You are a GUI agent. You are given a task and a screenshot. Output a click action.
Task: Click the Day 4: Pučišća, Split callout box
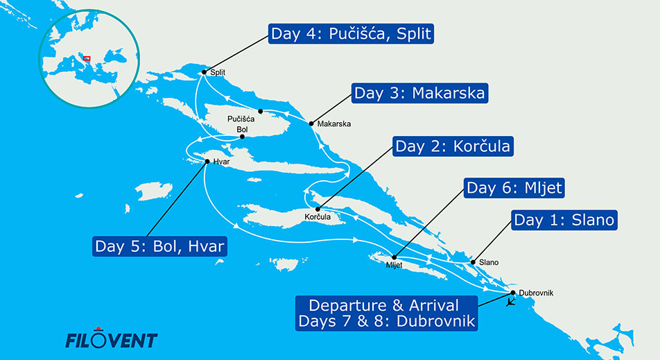pyautogui.click(x=351, y=34)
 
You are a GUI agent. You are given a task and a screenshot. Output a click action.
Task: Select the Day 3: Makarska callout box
pyautogui.click(x=420, y=93)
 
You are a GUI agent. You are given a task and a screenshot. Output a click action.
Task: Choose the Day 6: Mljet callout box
pyautogui.click(x=514, y=187)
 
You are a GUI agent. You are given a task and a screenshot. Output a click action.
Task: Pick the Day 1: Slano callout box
pyautogui.click(x=564, y=220)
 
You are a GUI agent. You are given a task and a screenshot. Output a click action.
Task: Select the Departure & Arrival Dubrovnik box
pyautogui.click(x=386, y=313)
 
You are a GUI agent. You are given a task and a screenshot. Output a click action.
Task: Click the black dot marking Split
pyautogui.click(x=204, y=72)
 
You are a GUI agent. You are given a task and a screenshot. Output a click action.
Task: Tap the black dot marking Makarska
pyautogui.click(x=311, y=123)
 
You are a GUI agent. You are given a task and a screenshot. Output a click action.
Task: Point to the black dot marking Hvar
pyautogui.click(x=207, y=162)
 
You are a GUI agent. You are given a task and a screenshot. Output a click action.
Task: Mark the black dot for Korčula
pyautogui.click(x=318, y=209)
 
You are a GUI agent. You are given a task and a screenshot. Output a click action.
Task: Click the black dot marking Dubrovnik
pyautogui.click(x=513, y=293)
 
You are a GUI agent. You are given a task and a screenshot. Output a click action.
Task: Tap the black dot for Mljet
pyautogui.click(x=394, y=257)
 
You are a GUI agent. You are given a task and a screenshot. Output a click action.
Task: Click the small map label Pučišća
pyautogui.click(x=241, y=119)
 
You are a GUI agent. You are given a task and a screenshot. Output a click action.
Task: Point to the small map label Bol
pyautogui.click(x=242, y=129)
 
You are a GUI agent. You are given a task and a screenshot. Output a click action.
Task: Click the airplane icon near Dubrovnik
pyautogui.click(x=510, y=303)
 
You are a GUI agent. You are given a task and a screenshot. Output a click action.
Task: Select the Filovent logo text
pyautogui.click(x=111, y=340)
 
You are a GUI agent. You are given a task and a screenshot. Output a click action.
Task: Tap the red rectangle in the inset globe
pyautogui.click(x=87, y=58)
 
